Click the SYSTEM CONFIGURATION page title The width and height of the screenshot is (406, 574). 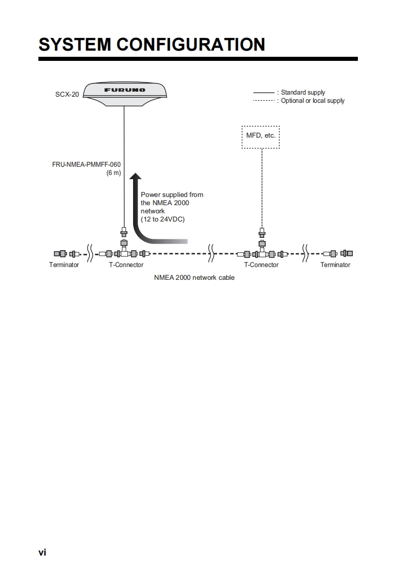tap(152, 45)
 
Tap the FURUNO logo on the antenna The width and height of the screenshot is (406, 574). tap(125, 90)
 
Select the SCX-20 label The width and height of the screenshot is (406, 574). tap(67, 95)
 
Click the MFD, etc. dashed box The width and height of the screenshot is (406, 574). tap(261, 137)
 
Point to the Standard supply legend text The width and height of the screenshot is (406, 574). tap(303, 93)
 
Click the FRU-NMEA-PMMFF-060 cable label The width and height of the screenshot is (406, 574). tap(86, 165)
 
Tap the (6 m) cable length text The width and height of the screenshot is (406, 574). tap(113, 173)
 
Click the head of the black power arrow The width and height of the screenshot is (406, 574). tap(135, 178)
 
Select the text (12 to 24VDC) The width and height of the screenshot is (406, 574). tap(162, 219)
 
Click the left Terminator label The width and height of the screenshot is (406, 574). tap(64, 265)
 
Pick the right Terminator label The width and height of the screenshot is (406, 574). tap(335, 265)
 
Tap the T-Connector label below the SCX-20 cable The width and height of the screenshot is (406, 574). tap(126, 265)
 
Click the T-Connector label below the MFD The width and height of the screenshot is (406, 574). tap(261, 265)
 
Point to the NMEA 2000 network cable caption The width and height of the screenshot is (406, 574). tap(194, 278)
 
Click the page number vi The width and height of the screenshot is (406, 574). tap(42, 552)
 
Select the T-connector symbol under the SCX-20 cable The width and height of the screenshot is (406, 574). tap(124, 253)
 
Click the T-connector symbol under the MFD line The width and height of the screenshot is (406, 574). tap(262, 253)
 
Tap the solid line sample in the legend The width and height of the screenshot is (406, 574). tap(264, 93)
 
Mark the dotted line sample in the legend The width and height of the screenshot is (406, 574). tap(264, 101)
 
